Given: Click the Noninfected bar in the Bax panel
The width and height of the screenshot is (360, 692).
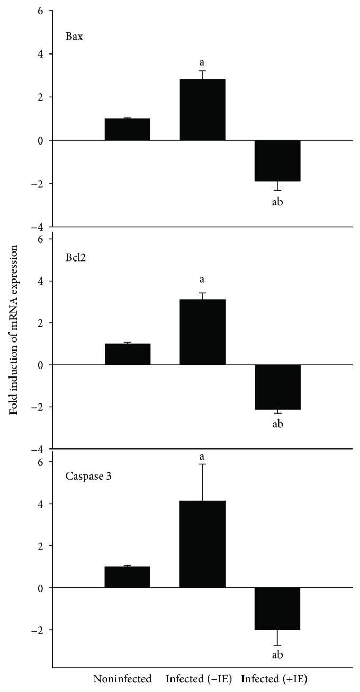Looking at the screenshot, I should (x=127, y=129).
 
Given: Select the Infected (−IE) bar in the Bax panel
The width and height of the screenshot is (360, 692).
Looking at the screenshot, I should (x=203, y=110).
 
